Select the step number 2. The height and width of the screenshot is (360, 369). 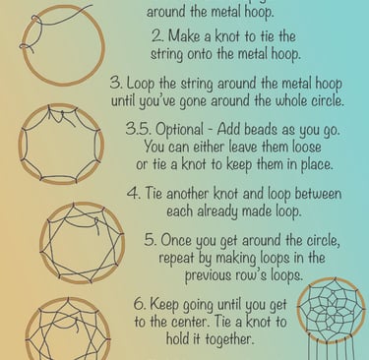point(156,36)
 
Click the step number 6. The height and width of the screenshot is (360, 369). point(140,304)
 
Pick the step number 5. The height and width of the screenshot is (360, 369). point(151,240)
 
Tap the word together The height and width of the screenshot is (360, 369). point(228,338)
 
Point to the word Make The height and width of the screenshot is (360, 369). point(184,36)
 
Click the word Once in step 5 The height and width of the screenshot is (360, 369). point(177,240)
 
